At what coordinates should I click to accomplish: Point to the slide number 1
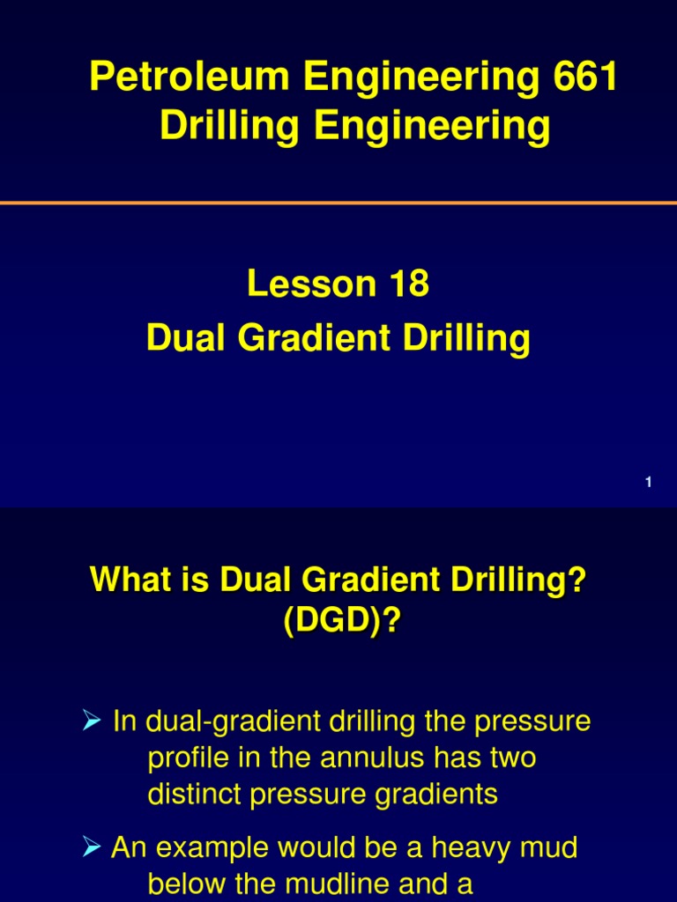click(648, 482)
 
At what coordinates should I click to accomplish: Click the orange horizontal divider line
click(338, 203)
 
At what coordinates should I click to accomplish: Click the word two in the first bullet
click(512, 758)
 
